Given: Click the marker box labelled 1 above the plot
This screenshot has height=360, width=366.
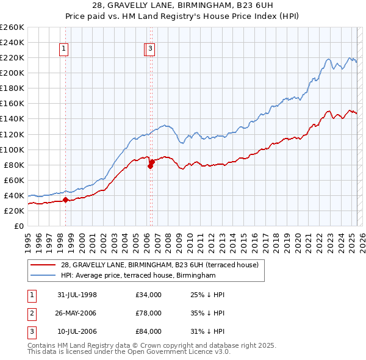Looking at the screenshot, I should (64, 50).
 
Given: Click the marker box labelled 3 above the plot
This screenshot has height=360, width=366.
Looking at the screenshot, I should (150, 50).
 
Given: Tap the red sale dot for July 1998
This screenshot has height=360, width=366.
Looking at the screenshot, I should (65, 200).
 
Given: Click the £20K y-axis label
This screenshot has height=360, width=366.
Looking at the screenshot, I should (14, 211).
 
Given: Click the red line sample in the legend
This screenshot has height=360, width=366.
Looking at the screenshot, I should (43, 265).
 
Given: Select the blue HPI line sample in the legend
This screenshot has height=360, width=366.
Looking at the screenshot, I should (43, 276).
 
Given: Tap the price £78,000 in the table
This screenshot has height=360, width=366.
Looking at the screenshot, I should (149, 313).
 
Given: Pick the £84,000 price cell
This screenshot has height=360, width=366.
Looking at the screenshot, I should (149, 331).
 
